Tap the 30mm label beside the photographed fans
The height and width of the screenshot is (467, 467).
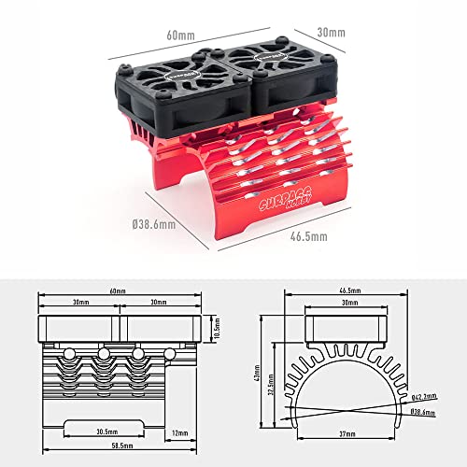332,33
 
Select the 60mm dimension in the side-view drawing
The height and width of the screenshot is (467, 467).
117,292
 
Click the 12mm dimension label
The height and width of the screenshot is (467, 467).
181,432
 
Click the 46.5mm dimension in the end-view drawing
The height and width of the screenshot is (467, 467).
347,292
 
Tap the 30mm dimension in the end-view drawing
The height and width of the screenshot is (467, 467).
347,304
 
